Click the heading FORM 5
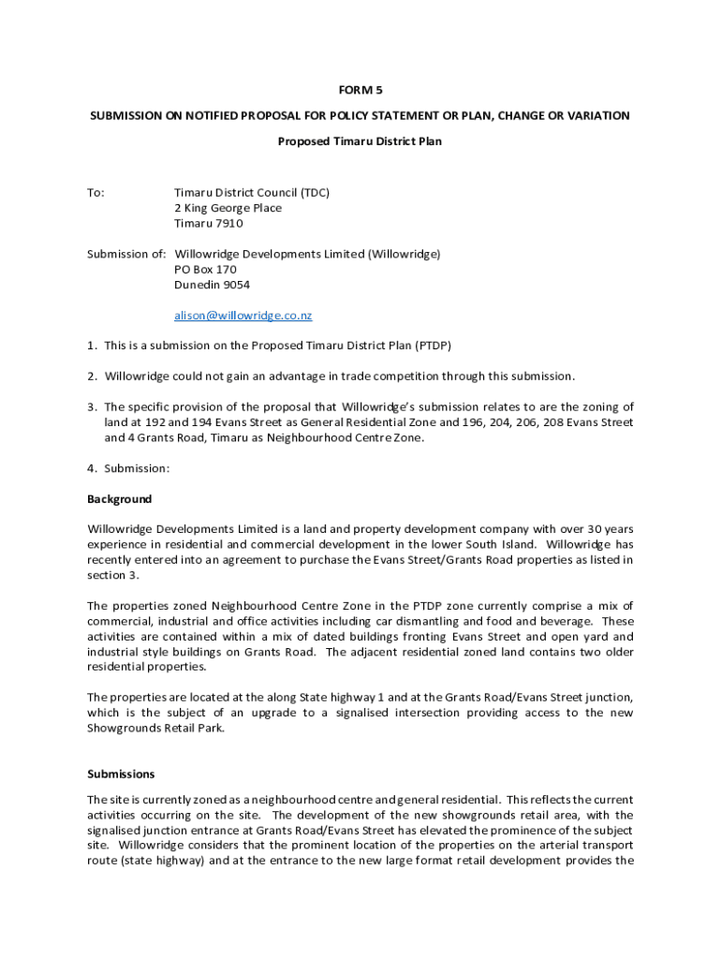[360, 90]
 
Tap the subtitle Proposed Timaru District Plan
[360, 141]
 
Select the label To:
[96, 193]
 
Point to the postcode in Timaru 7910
[228, 224]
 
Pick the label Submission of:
[126, 254]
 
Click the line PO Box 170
[199, 270]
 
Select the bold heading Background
[120, 499]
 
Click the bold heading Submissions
[121, 775]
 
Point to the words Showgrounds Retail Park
[156, 728]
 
